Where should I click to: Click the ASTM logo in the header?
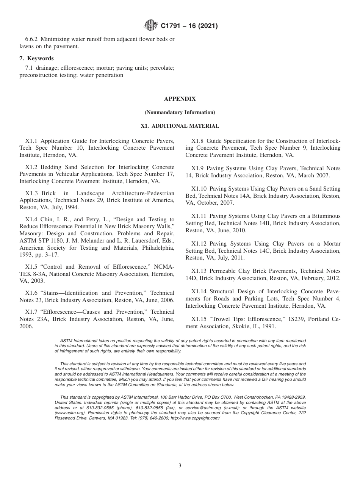click(151, 26)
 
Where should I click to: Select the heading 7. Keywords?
click(36, 58)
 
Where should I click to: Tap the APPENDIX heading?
click(180, 99)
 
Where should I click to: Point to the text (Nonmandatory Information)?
click(180, 113)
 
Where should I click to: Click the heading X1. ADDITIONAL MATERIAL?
click(180, 126)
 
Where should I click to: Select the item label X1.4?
click(31, 219)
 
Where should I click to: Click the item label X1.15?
click(199, 319)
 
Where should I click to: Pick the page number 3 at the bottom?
click(180, 466)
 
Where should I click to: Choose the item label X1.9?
click(198, 168)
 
